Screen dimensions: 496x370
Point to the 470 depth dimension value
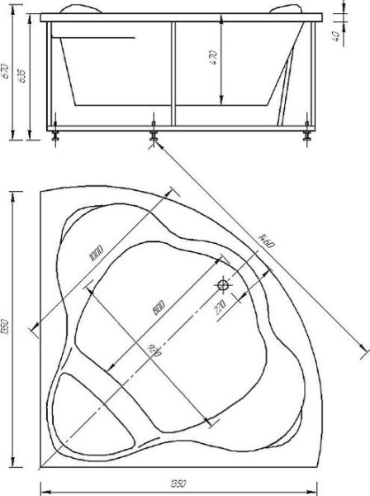212,57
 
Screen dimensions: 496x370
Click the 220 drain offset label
220,309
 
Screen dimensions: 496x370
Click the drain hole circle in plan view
223,286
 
